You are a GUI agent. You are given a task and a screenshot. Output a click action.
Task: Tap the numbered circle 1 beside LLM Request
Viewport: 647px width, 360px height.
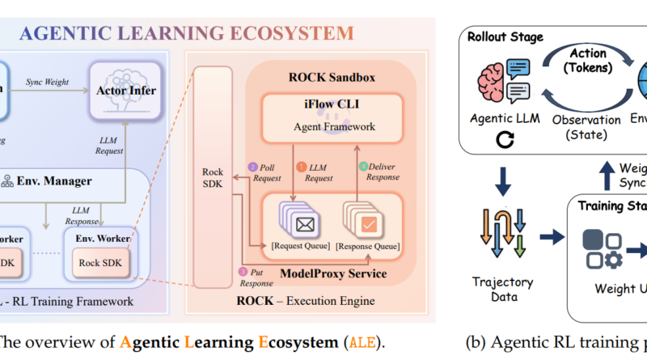(x=302, y=166)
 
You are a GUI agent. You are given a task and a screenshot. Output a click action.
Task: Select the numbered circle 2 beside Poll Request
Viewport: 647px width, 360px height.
(x=252, y=167)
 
